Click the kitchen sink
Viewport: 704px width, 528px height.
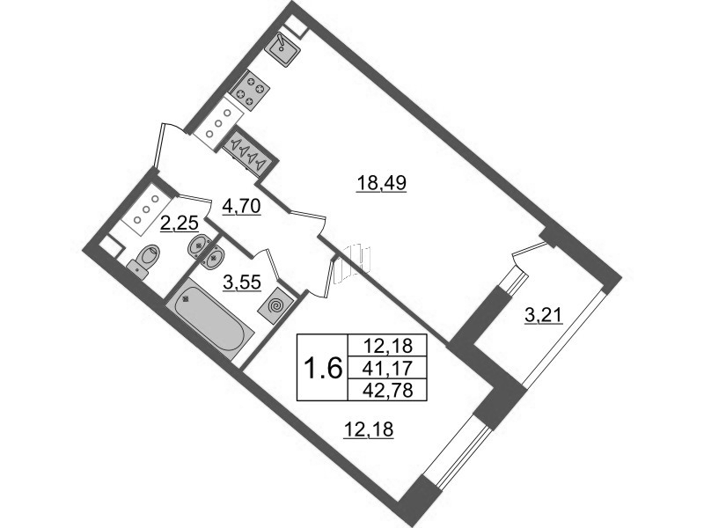[x=282, y=48]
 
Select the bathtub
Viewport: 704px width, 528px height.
[x=210, y=319]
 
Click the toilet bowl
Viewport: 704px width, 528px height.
[x=146, y=260]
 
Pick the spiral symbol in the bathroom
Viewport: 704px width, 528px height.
[x=275, y=306]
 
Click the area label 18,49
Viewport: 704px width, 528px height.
[x=381, y=183]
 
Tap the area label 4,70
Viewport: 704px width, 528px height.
[x=241, y=207]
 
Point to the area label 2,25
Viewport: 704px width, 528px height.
[x=180, y=223]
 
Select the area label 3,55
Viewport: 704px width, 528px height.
[x=241, y=282]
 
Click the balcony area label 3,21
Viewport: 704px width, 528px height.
[x=543, y=316]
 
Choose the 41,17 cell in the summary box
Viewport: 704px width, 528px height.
[x=387, y=369]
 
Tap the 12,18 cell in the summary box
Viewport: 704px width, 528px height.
[x=387, y=346]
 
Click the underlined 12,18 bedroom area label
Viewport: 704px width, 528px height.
[x=368, y=430]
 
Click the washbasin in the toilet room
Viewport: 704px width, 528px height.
[x=197, y=246]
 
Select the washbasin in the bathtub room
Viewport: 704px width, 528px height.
[x=214, y=257]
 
